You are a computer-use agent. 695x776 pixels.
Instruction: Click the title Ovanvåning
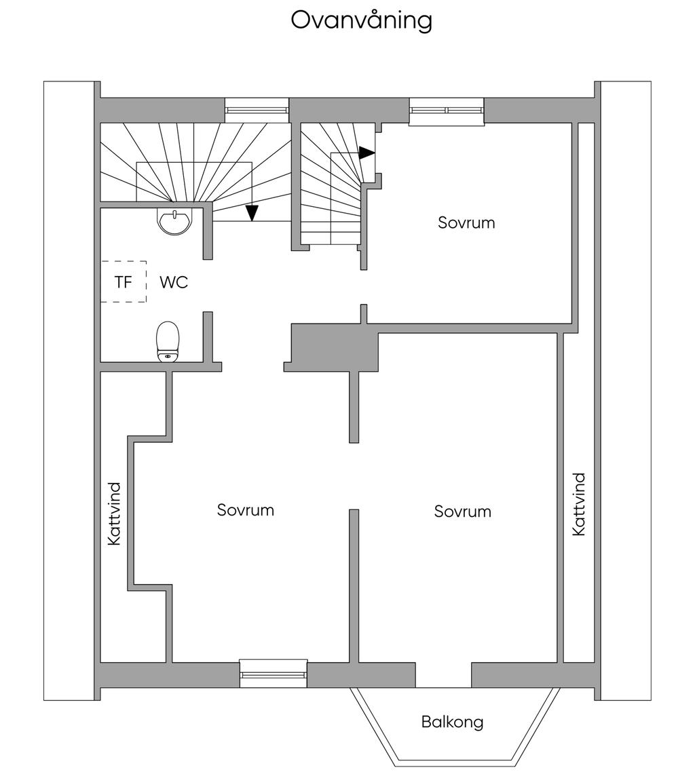(361, 20)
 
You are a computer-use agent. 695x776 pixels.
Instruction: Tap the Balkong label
(452, 722)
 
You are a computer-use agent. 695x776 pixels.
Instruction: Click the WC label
(174, 282)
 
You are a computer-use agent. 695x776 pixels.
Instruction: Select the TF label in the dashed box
(123, 282)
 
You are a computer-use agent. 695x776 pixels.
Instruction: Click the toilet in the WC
(168, 341)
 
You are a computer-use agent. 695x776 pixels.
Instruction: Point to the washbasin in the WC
(175, 220)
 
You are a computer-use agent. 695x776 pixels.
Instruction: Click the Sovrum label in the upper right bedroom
(466, 222)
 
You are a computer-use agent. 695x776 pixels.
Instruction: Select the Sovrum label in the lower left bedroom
(245, 510)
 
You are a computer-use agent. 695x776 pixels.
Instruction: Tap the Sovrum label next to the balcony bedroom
(462, 511)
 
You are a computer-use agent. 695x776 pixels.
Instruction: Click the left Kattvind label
(114, 513)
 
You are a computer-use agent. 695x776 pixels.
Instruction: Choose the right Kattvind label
(579, 505)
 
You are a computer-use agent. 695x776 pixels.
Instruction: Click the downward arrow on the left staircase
(252, 213)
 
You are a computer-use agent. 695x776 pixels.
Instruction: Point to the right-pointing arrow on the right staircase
(367, 153)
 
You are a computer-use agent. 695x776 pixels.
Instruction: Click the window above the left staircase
(257, 109)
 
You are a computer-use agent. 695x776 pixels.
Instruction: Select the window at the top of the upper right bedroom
(447, 111)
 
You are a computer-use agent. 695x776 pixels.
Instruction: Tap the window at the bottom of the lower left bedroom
(274, 674)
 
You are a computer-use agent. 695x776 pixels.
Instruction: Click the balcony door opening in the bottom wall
(443, 675)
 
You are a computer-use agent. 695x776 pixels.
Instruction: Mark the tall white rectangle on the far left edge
(69, 390)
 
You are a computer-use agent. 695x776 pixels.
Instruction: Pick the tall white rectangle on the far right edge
(626, 390)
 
